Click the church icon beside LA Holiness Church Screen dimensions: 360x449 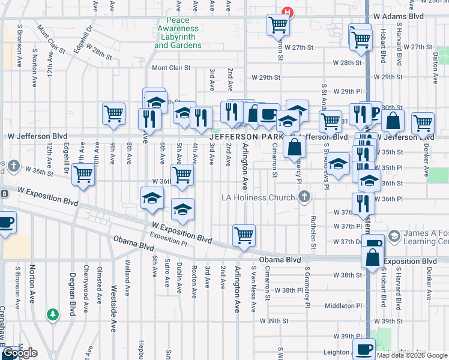click(x=305, y=197)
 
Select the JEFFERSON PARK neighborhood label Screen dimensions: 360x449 click(x=246, y=137)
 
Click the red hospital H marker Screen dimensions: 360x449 click(x=288, y=11)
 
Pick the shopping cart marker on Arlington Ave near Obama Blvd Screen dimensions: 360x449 click(x=244, y=235)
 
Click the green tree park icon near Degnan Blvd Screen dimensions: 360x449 click(x=53, y=314)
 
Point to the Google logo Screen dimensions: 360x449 click(x=20, y=353)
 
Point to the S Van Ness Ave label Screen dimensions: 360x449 click(x=254, y=289)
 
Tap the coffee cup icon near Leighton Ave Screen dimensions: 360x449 click(x=363, y=349)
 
